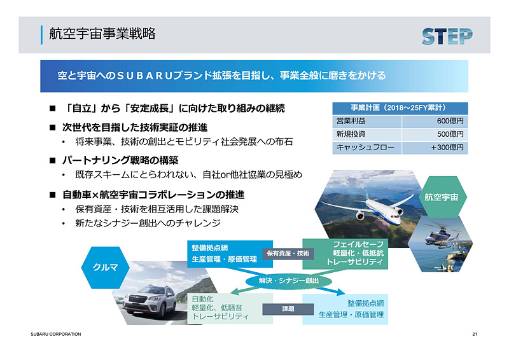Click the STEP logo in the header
[447, 36]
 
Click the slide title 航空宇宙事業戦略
[102, 34]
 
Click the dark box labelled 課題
[288, 309]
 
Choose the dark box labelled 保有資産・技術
[288, 253]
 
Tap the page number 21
[475, 335]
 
